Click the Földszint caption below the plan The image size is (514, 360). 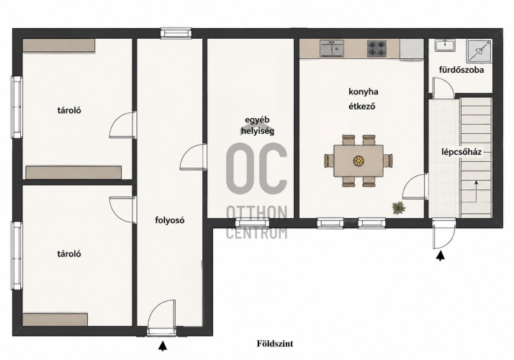275,343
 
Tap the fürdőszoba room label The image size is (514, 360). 461,70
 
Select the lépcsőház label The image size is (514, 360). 461,152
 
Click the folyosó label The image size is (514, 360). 169,220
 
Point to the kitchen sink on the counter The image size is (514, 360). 332,48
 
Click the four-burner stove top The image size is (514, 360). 377,48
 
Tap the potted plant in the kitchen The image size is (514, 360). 399,208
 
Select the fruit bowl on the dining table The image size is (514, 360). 359,161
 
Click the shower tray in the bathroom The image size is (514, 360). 479,50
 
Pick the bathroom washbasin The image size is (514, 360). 445,45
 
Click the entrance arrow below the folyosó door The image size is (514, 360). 162,346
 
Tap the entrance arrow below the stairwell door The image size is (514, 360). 441,256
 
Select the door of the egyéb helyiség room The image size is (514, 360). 194,157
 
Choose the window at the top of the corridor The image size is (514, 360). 176,33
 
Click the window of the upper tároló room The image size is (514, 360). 17,107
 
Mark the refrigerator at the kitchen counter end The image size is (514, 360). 412,50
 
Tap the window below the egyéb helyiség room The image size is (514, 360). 252,224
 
